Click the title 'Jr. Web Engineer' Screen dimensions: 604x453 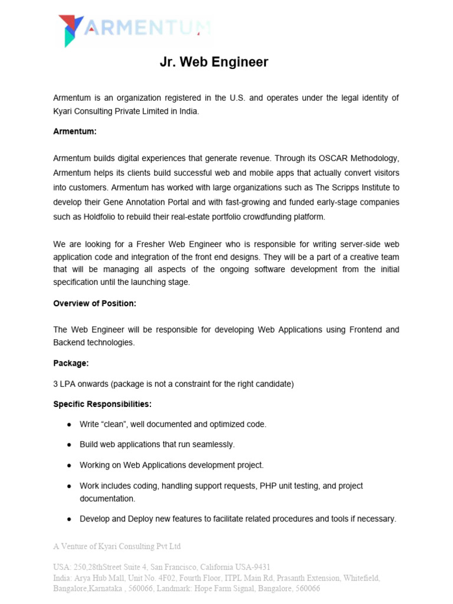(x=214, y=62)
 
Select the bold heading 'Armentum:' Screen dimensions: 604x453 (x=75, y=132)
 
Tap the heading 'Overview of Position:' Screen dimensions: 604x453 (x=94, y=303)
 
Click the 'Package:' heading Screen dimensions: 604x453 (x=71, y=363)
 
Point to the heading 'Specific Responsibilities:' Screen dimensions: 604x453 (x=102, y=404)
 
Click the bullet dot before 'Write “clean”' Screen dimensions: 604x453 (x=70, y=425)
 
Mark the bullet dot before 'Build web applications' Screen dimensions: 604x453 (x=70, y=445)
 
